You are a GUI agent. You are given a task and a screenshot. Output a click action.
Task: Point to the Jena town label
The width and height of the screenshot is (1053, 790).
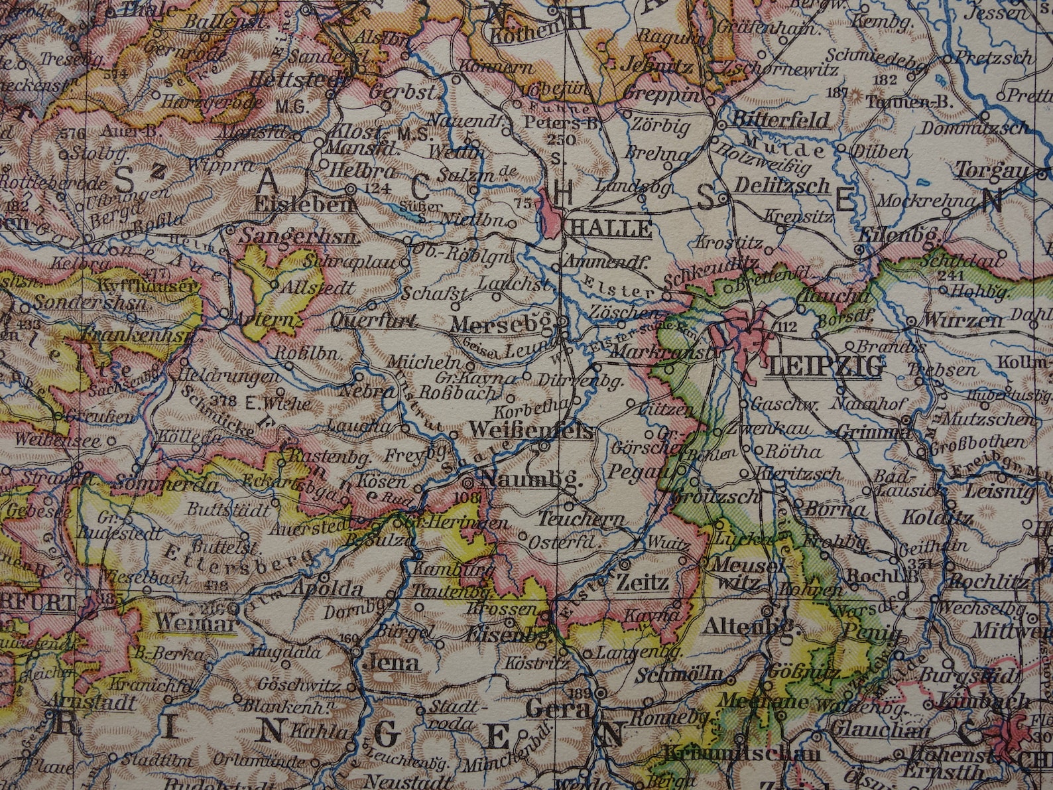395,663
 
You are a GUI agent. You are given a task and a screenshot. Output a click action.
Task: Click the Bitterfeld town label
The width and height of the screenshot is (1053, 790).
781,120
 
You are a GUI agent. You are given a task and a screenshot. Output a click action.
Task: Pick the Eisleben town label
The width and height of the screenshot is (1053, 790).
304,205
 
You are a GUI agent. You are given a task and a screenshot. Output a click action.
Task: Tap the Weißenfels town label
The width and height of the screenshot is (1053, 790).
530,431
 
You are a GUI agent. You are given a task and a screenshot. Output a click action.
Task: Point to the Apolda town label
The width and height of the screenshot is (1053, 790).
327,588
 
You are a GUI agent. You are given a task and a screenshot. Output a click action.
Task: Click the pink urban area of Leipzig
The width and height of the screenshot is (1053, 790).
746,332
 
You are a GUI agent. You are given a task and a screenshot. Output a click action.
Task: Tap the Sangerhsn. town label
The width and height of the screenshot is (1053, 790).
300,237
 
